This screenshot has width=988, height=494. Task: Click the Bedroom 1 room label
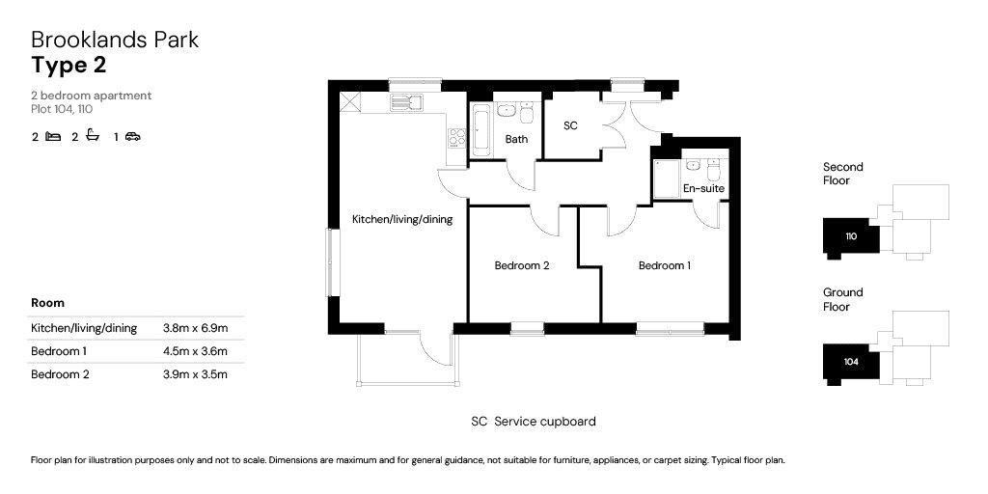(664, 266)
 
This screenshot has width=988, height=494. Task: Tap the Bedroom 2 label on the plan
(522, 266)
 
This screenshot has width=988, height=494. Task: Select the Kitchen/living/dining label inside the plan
(402, 220)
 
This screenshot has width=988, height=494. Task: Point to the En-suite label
(703, 188)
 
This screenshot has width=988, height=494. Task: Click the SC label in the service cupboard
(570, 125)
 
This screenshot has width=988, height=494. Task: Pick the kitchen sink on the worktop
(406, 102)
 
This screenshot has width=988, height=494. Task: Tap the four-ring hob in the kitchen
(456, 137)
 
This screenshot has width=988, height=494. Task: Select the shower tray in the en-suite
(667, 180)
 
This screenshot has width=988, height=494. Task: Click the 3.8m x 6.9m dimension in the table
(195, 328)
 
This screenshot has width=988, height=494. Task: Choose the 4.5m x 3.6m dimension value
(195, 351)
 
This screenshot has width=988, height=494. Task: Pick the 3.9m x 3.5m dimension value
(195, 374)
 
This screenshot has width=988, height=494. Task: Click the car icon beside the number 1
(132, 136)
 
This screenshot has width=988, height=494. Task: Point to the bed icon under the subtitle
(54, 136)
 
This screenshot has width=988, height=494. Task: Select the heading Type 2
(69, 65)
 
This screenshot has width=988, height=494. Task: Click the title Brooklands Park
(115, 40)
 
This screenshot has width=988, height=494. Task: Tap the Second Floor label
(843, 174)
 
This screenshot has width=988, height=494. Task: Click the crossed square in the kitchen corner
(348, 101)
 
